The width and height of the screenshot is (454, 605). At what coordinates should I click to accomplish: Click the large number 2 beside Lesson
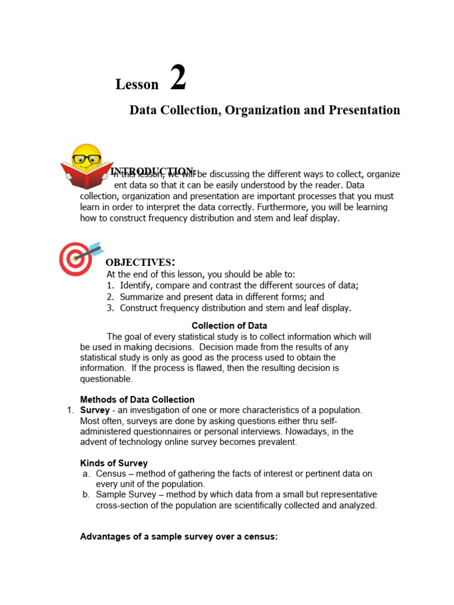178,79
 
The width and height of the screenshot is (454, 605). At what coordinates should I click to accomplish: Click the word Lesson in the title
137,84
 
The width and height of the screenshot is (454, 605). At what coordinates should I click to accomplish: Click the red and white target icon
74,260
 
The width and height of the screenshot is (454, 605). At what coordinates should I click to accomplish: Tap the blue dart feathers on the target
96,247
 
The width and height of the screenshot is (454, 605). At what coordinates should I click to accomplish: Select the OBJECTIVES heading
140,262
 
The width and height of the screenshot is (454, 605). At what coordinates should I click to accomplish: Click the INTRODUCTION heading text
153,171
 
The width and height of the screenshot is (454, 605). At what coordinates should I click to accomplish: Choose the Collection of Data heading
229,326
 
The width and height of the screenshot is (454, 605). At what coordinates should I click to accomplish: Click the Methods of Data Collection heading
137,399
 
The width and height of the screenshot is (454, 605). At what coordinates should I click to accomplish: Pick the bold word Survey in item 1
95,410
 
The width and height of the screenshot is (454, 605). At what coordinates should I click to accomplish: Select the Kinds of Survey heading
113,463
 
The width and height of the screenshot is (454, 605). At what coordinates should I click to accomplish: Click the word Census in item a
111,474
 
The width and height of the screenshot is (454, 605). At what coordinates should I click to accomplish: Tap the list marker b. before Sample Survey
86,495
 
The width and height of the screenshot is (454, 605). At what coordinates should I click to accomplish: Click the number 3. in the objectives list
111,308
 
